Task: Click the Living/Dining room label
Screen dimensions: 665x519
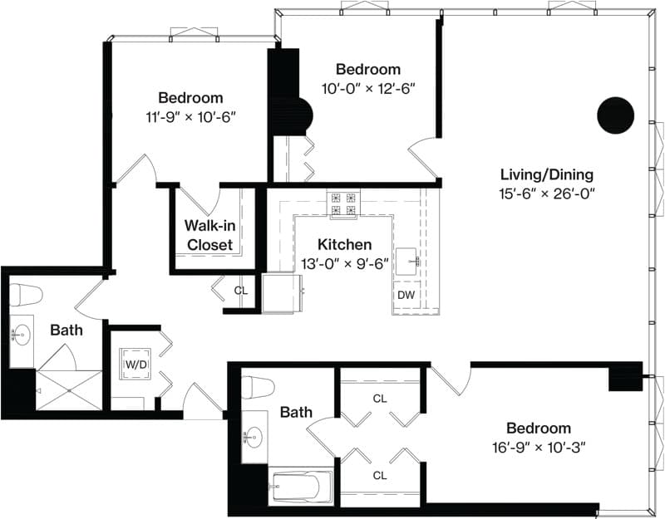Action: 547,174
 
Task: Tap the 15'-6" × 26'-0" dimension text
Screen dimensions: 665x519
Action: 547,193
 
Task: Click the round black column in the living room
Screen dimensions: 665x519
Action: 615,115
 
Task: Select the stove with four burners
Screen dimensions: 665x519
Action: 343,204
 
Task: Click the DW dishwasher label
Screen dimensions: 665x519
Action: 406,296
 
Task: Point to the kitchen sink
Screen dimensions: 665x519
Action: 408,262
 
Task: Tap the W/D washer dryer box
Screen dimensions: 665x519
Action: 135,364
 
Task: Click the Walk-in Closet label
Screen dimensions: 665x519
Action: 210,235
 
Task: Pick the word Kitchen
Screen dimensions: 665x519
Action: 344,244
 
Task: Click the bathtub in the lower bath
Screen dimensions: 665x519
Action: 301,487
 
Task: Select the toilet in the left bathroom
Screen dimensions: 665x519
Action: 26,295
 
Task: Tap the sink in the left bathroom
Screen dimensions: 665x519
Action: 20,335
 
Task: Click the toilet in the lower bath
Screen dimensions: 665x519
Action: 258,387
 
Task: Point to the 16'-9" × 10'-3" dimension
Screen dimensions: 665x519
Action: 539,447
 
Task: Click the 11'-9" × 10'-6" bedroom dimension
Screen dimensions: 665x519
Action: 190,117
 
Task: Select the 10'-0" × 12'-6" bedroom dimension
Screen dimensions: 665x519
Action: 367,89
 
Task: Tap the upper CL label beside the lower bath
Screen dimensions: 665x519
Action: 380,399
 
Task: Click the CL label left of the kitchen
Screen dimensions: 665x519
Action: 241,291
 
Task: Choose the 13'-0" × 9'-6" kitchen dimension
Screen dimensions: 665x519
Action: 345,264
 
